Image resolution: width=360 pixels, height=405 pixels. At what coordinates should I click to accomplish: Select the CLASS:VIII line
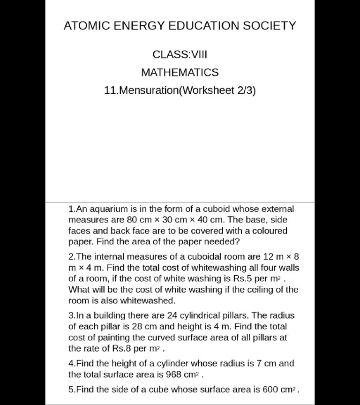pos(180,54)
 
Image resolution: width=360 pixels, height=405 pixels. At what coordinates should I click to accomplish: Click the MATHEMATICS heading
pos(180,73)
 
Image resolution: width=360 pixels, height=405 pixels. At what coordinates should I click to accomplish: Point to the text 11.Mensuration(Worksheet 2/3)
pos(180,90)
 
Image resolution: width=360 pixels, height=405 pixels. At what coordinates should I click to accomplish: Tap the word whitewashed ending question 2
pos(150,300)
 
